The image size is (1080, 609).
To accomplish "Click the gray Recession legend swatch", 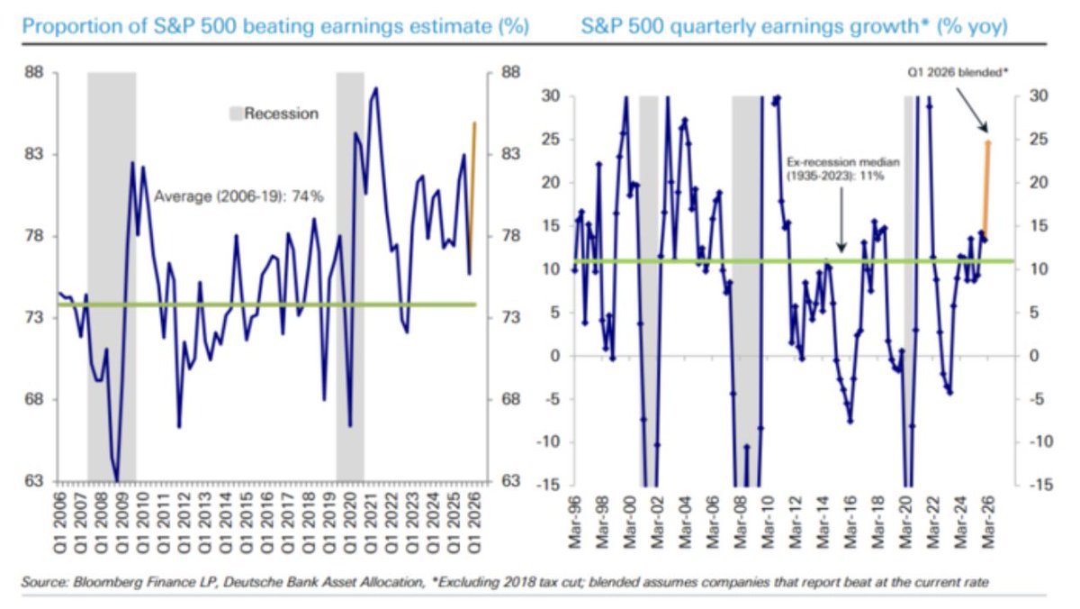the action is tap(235, 114).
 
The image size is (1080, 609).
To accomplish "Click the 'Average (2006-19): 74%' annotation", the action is tap(238, 196).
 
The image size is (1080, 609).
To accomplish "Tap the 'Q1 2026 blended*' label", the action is tap(958, 72).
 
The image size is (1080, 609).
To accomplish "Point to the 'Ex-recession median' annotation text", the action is tap(843, 162).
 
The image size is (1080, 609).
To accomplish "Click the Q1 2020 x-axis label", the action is tap(350, 523).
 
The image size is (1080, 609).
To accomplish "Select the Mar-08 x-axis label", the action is tap(740, 523).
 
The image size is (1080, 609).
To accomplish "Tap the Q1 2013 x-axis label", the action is tap(204, 523).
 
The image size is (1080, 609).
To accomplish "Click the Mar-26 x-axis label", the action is tap(988, 523).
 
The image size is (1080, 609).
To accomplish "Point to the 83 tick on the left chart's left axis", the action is tap(34, 154).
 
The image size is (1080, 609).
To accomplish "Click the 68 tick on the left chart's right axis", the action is tap(510, 400).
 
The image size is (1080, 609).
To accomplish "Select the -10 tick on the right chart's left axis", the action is tap(549, 441).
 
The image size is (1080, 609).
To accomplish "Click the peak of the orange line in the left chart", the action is tap(475, 123).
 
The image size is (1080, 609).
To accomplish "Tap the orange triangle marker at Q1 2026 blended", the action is tap(987, 141).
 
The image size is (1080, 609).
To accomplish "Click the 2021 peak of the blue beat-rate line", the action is tap(376, 88).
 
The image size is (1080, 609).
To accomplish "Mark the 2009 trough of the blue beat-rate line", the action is tap(117, 480).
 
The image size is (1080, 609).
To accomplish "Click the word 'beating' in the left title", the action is tap(278, 26).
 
